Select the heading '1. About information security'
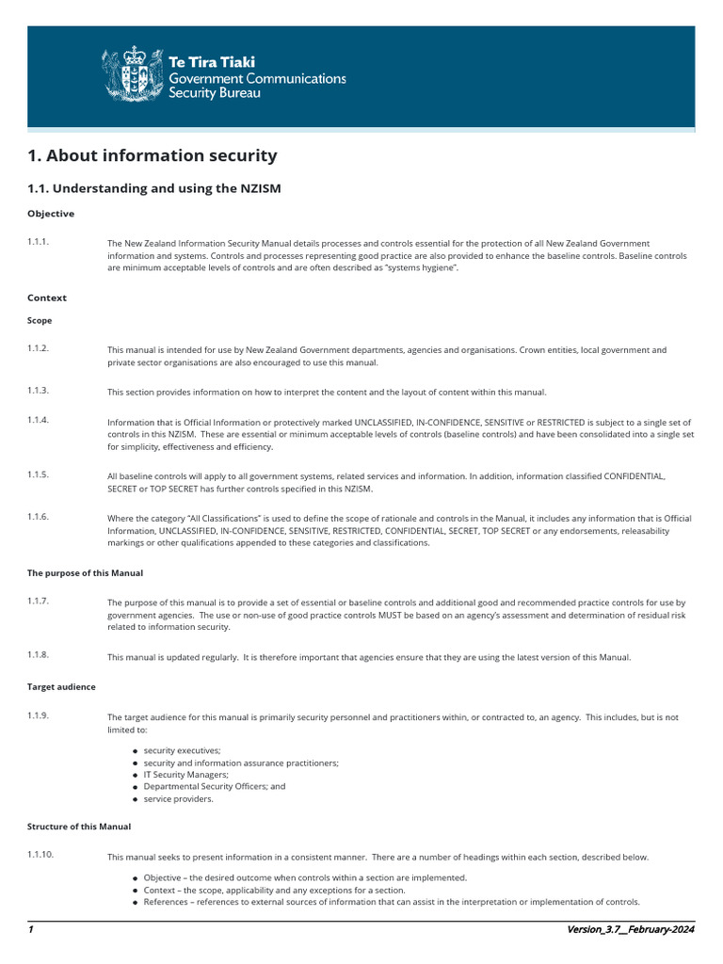(153, 155)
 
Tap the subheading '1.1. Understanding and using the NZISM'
(154, 188)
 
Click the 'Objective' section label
(51, 214)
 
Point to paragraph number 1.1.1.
(39, 242)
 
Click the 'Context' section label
(47, 297)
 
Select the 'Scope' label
(40, 321)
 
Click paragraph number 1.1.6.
(39, 517)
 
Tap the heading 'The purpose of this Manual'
(85, 573)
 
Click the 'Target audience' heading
(61, 687)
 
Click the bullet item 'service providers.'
(179, 798)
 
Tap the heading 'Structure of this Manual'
(79, 827)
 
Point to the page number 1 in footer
(31, 929)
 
